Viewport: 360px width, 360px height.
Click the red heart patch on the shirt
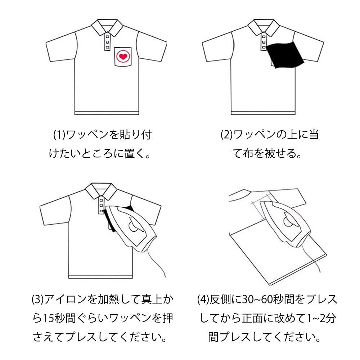tap(122, 56)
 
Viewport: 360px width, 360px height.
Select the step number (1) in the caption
tap(58, 135)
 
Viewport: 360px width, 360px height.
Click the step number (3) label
tap(37, 299)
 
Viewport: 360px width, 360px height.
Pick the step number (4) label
tap(204, 299)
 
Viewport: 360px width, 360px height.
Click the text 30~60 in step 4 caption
tap(256, 299)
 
